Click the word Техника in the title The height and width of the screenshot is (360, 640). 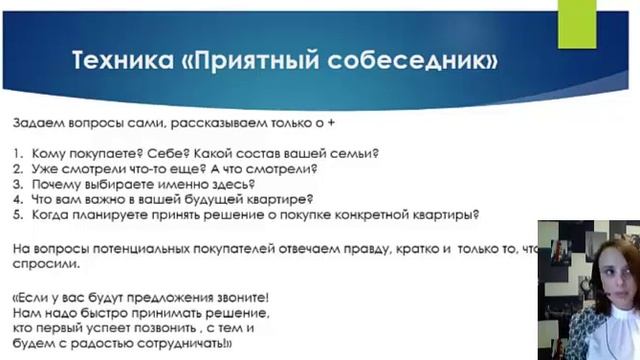coord(116,62)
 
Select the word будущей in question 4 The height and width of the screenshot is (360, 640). coord(200,198)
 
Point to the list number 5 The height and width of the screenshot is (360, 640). coord(18,213)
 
